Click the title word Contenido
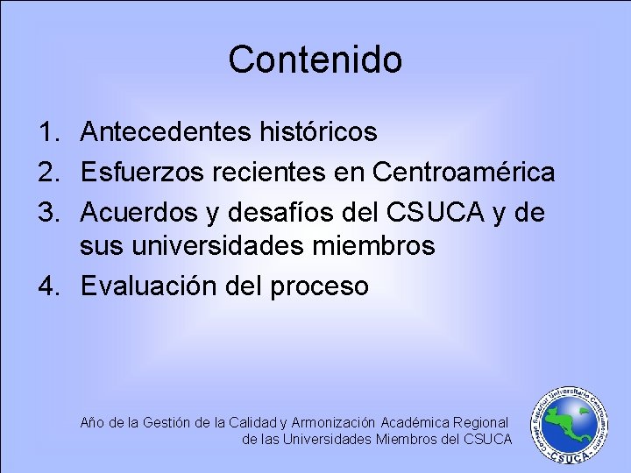(315, 60)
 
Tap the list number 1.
(47, 132)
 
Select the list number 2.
(47, 171)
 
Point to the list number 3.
(47, 209)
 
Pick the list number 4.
(47, 286)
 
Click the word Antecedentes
(166, 132)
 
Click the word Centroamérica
(464, 171)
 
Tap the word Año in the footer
(91, 422)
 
